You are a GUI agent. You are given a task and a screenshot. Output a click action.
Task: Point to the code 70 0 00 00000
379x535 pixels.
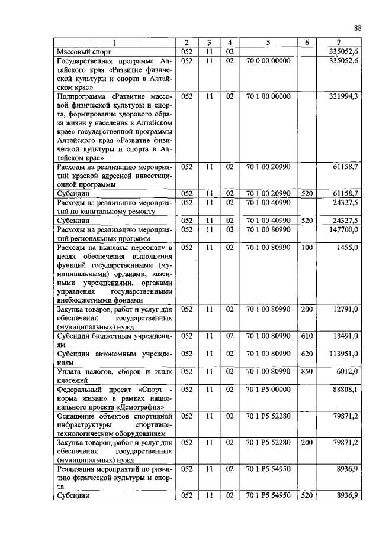point(268,61)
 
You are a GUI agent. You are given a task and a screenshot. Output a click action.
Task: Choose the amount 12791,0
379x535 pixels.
point(345,309)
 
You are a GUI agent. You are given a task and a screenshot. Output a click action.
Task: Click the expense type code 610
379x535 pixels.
point(306,336)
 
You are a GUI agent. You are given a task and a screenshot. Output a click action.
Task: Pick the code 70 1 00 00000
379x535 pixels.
point(268,95)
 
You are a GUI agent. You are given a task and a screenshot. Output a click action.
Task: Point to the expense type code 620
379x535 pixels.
point(306,354)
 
